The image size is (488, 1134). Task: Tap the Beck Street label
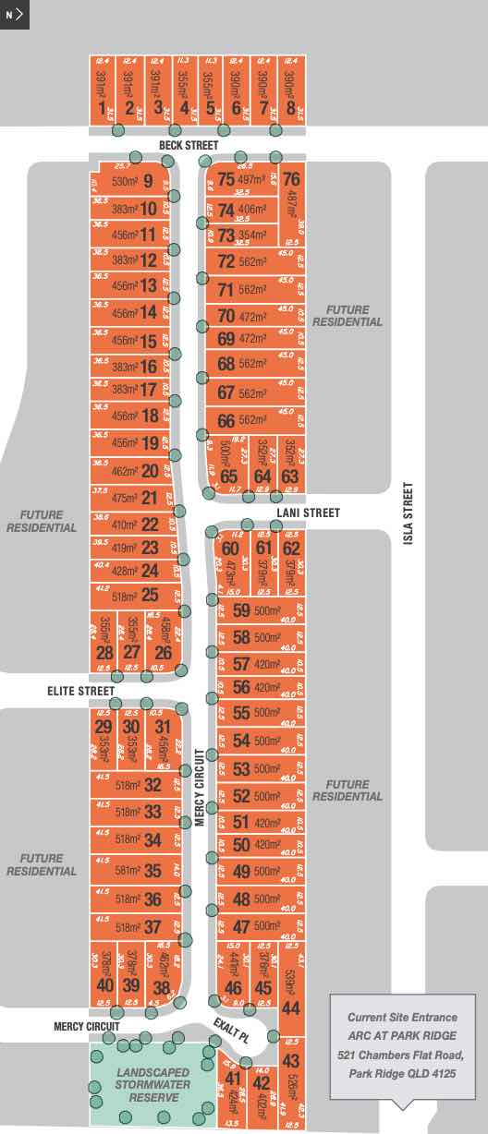[x=188, y=146]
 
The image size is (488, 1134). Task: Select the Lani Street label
[x=309, y=513]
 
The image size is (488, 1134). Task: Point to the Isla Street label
[x=408, y=515]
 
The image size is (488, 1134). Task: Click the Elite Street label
[x=82, y=691]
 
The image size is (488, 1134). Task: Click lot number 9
[x=148, y=181]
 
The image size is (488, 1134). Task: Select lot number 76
[x=291, y=180]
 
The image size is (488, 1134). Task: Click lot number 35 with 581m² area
[x=152, y=871]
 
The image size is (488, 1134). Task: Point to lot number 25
[x=150, y=596]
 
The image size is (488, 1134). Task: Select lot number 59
[x=241, y=610]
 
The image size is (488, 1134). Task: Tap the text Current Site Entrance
[x=402, y=1017]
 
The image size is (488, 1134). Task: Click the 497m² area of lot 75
[x=251, y=179]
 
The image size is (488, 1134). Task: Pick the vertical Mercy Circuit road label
[x=198, y=787]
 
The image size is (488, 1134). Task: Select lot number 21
[x=149, y=499]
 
